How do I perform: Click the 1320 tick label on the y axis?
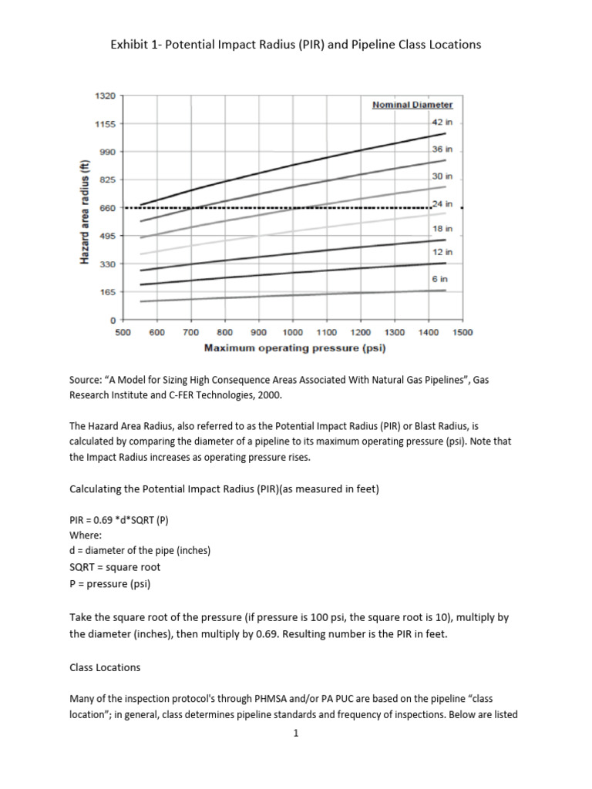(x=106, y=96)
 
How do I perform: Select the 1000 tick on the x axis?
(x=293, y=333)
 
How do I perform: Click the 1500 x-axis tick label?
(x=462, y=333)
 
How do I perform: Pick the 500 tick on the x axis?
(x=123, y=333)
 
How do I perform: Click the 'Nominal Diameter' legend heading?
(x=412, y=105)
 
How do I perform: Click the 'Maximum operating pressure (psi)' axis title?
(x=294, y=348)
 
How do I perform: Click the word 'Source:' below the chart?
(x=87, y=381)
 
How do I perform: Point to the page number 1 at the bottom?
(x=295, y=733)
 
